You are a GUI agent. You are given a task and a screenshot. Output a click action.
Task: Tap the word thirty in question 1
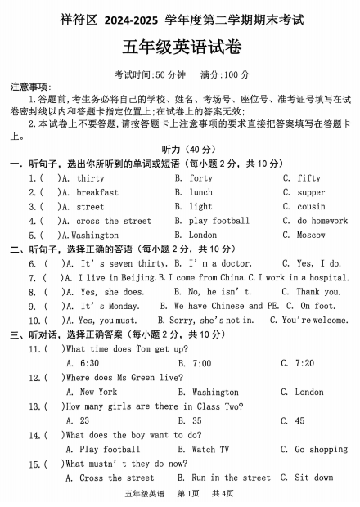90,178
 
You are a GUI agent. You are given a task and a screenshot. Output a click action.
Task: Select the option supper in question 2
310,192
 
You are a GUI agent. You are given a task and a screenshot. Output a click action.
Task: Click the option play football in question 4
219,221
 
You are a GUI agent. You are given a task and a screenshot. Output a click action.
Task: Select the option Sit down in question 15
314,478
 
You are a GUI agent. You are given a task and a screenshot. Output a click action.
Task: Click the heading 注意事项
30,87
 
